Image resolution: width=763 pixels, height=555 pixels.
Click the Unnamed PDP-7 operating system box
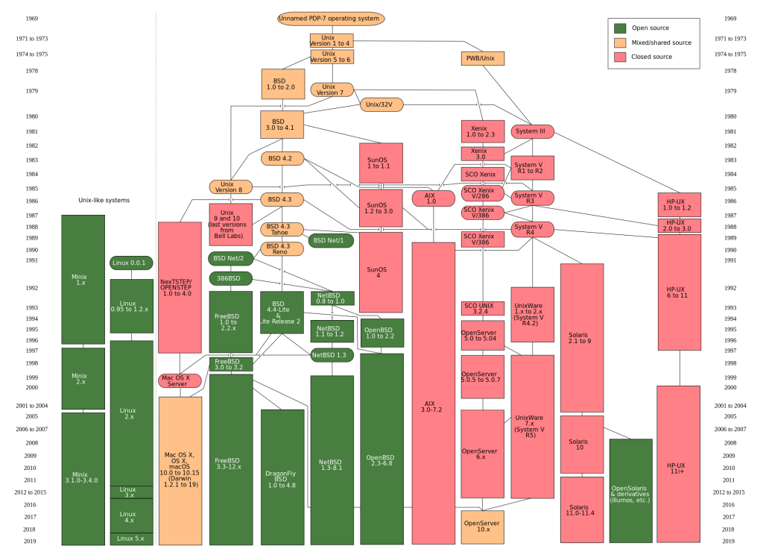(331, 18)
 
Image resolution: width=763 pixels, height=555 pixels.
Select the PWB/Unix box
(481, 58)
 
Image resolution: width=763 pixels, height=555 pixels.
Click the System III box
(533, 131)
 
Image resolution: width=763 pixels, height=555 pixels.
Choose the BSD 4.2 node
(282, 158)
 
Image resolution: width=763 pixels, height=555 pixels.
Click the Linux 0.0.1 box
(131, 263)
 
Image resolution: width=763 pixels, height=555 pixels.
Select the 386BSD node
(229, 277)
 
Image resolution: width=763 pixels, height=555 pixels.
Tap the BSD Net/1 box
(331, 240)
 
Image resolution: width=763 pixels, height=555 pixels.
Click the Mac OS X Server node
(179, 380)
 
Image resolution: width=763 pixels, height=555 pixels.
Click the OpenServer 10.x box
(482, 527)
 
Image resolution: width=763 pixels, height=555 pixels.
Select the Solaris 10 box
(581, 444)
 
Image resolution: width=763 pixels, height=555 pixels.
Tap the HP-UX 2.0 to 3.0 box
(679, 225)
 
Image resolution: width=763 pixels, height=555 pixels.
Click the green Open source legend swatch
(620, 28)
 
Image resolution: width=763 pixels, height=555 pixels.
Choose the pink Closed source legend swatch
(620, 56)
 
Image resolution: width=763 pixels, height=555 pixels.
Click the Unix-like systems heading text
(104, 200)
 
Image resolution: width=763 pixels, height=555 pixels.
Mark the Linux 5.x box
(131, 538)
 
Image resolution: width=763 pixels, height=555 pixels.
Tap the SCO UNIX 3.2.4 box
(482, 309)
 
